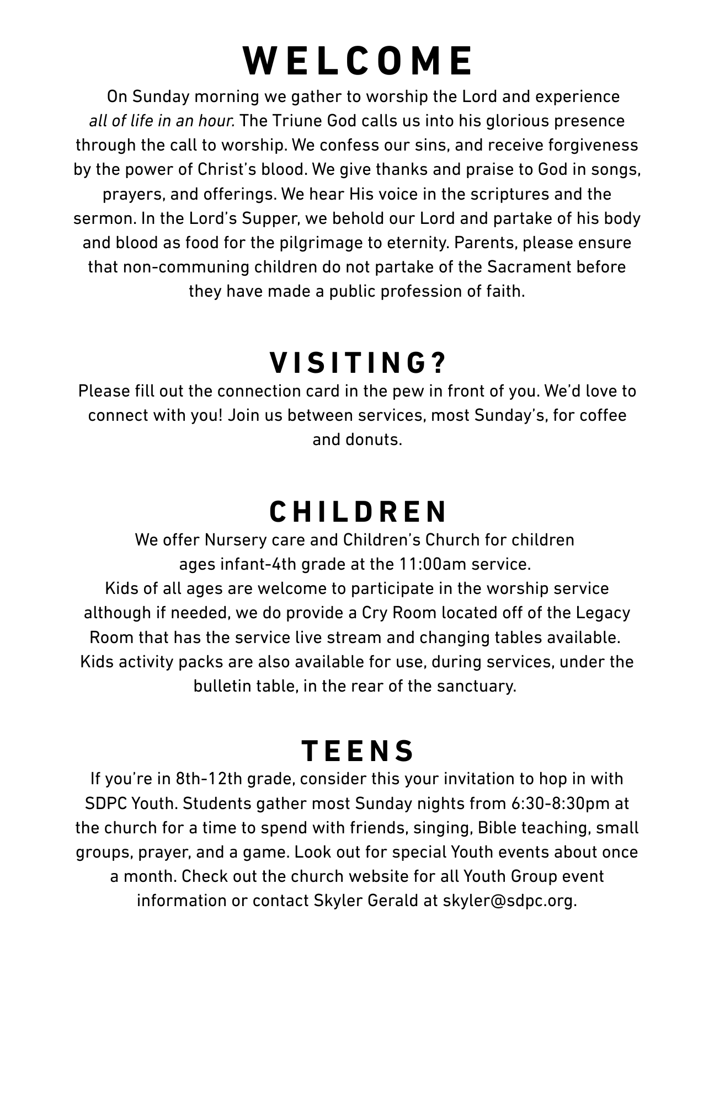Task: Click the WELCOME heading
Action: (357, 61)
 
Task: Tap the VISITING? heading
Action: (357, 362)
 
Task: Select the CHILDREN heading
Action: (358, 512)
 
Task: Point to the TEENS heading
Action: (357, 751)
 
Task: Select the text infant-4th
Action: (259, 564)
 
